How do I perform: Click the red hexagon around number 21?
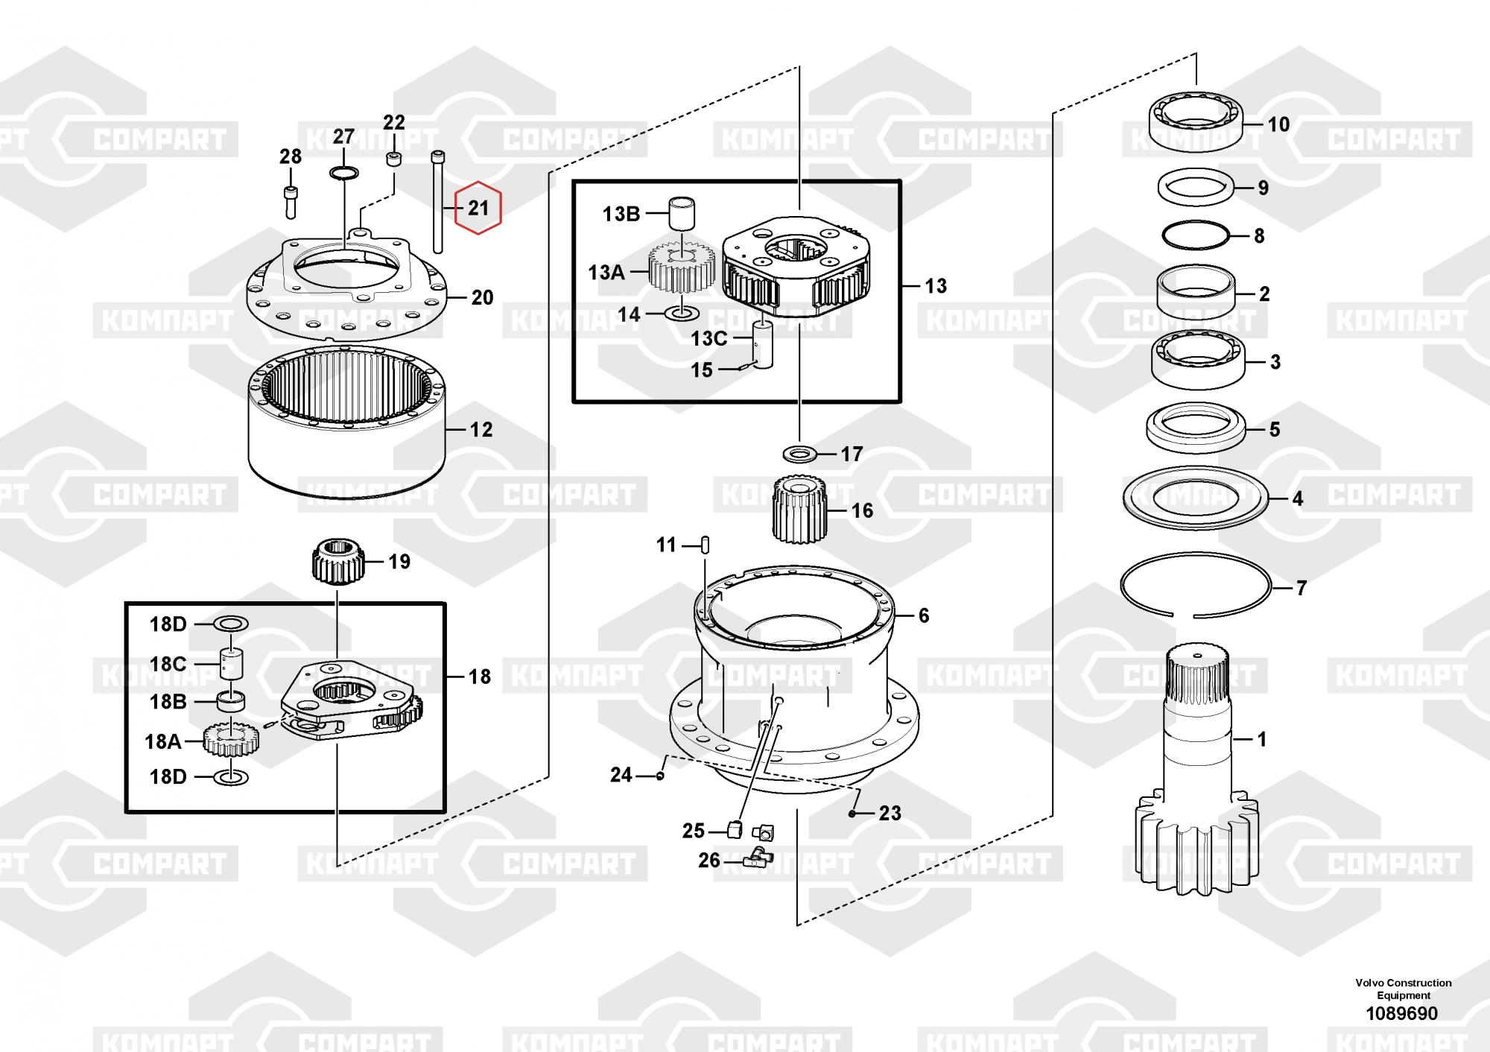pyautogui.click(x=478, y=208)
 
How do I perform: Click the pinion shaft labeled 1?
pyautogui.click(x=1196, y=760)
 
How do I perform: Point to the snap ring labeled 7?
pyautogui.click(x=1196, y=586)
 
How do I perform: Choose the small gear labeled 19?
pyautogui.click(x=337, y=562)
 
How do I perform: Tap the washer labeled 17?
pyautogui.click(x=799, y=452)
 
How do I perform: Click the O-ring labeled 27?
pyautogui.click(x=343, y=174)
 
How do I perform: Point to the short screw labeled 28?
pyautogui.click(x=291, y=199)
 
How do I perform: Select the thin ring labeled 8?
pyautogui.click(x=1196, y=234)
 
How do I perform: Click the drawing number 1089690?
pyautogui.click(x=1401, y=1013)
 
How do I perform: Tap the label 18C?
pyautogui.click(x=168, y=663)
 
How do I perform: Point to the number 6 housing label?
pyautogui.click(x=924, y=615)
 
